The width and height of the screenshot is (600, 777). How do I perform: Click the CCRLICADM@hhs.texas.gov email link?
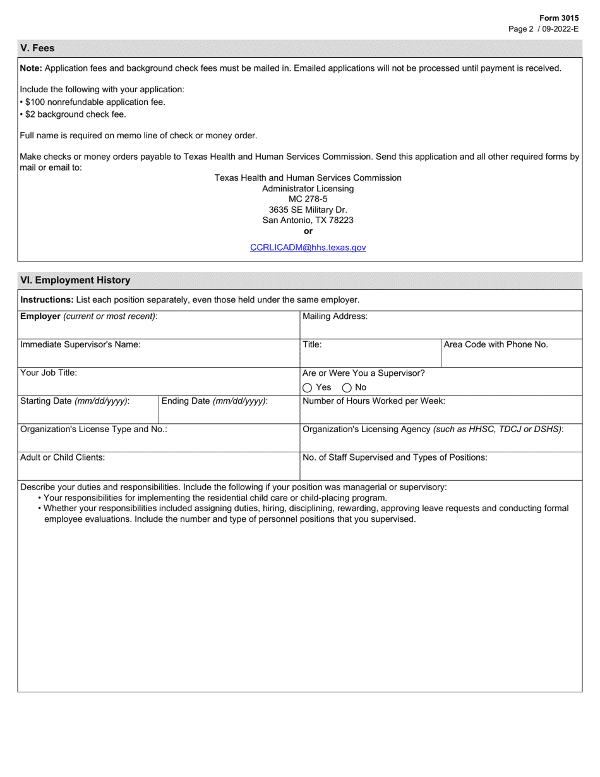pos(308,248)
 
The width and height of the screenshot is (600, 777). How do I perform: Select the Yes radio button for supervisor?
pos(308,388)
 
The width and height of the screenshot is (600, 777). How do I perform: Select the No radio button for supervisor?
pos(347,388)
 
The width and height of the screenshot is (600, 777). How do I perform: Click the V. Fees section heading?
pos(38,48)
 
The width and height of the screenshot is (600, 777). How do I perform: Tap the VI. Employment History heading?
pos(75,280)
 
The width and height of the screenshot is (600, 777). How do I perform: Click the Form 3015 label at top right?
pos(558,18)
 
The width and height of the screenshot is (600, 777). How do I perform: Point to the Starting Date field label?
pos(75,401)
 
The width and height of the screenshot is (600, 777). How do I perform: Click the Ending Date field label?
pos(215,401)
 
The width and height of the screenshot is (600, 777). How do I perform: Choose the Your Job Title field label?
pos(49,373)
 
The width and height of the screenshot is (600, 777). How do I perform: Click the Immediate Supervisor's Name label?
pos(80,344)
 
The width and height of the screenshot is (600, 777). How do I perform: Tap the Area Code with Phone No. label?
pos(496,344)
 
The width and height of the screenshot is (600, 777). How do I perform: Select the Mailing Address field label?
pos(335,316)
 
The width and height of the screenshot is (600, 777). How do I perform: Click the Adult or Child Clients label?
pos(63,457)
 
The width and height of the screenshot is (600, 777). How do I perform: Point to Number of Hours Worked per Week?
pos(374,401)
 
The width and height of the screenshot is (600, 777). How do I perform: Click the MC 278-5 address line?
pos(308,199)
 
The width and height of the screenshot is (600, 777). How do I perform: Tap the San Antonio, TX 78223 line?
pos(308,220)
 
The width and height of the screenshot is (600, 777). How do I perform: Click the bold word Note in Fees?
pos(31,68)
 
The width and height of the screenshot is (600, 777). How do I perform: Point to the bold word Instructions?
pos(47,299)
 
